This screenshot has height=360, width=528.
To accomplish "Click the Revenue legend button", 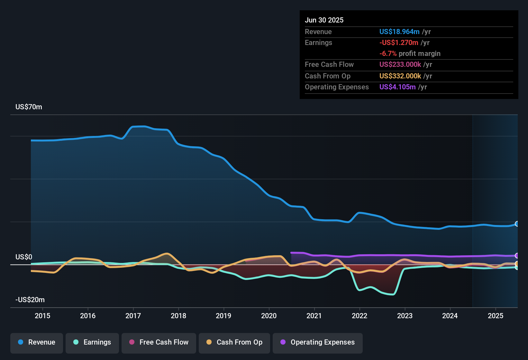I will (37, 342).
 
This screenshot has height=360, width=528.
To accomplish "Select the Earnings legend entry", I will (92, 342).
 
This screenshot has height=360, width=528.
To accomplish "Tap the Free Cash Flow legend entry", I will (159, 342).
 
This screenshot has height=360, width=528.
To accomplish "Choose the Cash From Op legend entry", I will (234, 342).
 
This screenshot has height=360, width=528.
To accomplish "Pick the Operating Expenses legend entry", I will (318, 342).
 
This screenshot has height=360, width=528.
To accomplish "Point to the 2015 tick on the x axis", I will (42, 316).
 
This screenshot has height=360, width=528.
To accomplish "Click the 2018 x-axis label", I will (178, 316).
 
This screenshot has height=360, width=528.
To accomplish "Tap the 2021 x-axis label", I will (314, 316).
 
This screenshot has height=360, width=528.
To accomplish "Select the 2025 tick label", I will (496, 316).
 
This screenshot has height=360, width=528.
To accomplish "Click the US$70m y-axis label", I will (29, 107).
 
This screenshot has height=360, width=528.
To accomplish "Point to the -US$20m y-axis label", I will (30, 300).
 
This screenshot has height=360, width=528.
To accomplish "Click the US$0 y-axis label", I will (24, 257).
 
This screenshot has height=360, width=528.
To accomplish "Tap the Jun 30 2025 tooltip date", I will (324, 20).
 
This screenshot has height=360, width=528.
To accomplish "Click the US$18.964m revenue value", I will (399, 32).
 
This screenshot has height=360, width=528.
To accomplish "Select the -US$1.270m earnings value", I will (399, 43).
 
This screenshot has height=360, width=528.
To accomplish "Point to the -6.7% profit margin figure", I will (388, 54).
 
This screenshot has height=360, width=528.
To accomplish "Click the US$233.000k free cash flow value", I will (400, 65).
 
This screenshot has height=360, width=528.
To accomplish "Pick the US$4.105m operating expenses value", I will (397, 87).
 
